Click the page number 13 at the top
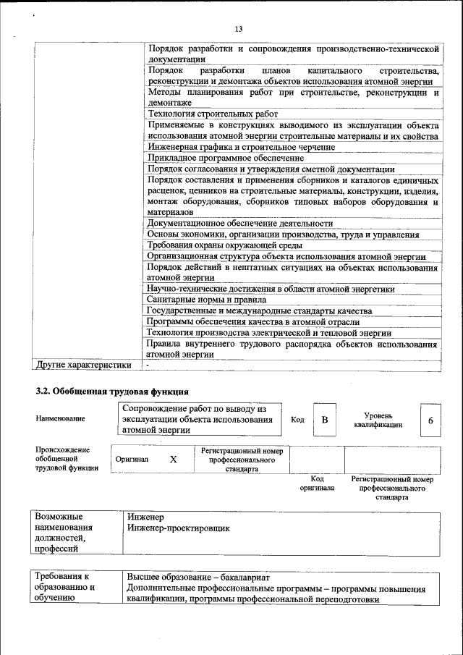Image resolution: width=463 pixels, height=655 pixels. point(238,28)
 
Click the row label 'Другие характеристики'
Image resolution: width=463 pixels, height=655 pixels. point(84,365)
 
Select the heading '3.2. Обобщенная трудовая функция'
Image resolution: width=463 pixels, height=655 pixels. point(107,392)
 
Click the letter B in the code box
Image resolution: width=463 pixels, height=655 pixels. point(325,421)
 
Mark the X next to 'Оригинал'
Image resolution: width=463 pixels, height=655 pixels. point(173,460)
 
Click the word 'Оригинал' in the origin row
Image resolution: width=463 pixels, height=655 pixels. point(132,460)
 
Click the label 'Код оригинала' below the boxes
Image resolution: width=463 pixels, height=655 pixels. point(317,483)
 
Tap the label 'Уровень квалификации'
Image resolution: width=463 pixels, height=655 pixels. point(378,421)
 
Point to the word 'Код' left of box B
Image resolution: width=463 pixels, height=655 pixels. point(297,421)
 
